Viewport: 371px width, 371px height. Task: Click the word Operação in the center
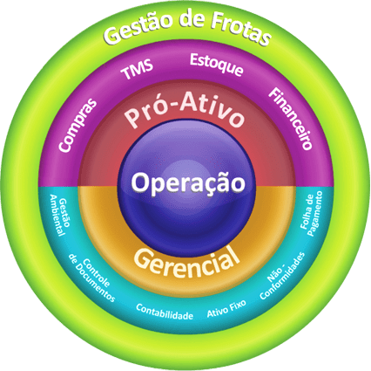pos(188,182)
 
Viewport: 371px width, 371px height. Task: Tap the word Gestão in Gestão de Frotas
pos(138,28)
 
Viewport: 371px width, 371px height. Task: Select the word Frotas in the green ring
pos(240,27)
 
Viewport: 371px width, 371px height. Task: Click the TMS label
pos(137,69)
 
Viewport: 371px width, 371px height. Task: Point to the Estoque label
pos(217,65)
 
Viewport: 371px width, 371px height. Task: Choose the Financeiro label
pos(290,119)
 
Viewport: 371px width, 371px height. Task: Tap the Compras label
pos(78,125)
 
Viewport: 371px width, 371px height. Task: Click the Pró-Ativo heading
pos(185,110)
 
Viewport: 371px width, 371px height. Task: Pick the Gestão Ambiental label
pos(60,215)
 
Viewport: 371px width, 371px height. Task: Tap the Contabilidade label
pos(165,312)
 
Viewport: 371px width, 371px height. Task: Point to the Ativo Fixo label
pos(226,308)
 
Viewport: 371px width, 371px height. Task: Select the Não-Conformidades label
pos(282,276)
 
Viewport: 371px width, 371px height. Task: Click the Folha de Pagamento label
pos(311,213)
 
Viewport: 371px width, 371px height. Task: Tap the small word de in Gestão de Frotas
pos(191,20)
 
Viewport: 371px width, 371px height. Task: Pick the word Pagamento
pos(316,214)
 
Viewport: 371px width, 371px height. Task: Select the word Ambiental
pos(56,216)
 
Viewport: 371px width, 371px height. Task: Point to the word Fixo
pos(237,306)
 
